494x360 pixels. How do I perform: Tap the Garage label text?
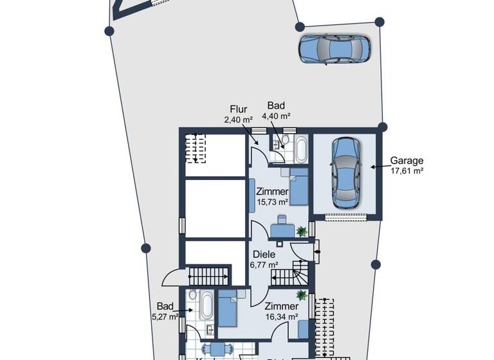[407, 161]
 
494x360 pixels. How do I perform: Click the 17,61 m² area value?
[407, 171]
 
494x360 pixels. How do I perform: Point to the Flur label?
[238, 109]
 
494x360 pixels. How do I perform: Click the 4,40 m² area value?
[276, 116]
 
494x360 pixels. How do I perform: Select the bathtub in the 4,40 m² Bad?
[300, 149]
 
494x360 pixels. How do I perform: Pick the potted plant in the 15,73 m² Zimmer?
[301, 230]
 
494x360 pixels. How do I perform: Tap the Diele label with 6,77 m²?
[264, 255]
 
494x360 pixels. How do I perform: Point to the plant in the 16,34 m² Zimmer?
[300, 295]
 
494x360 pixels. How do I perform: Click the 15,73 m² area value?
[272, 202]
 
